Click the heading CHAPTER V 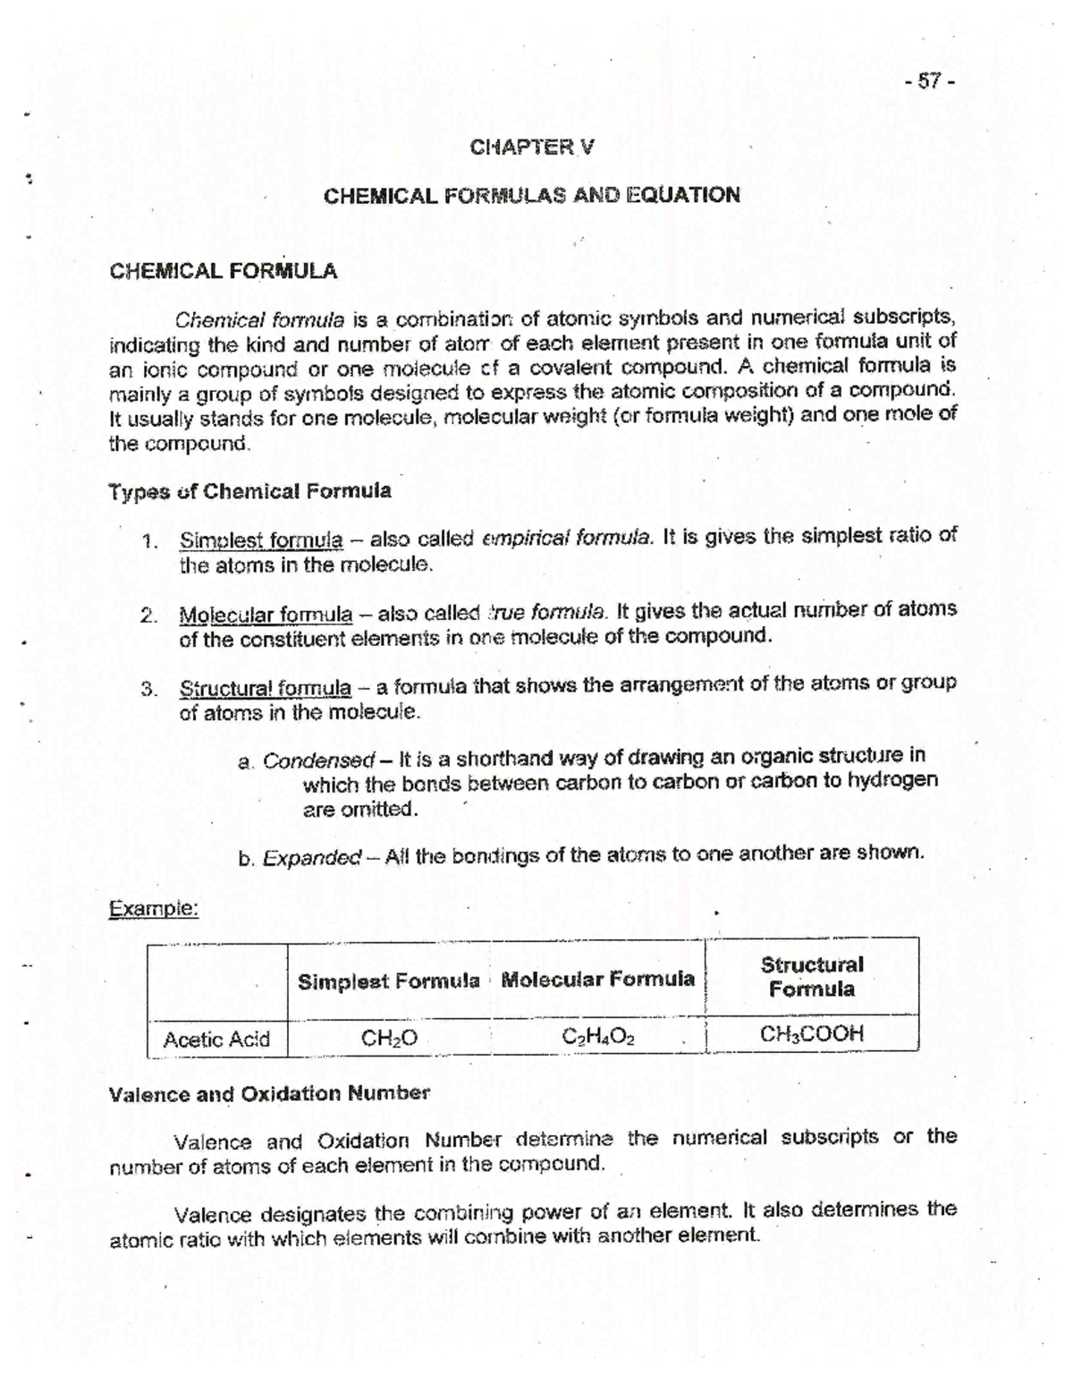531,147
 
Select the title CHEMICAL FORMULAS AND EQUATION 531,195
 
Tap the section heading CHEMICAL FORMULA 223,271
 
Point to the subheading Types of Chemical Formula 249,491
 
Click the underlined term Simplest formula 261,540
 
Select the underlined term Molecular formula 266,615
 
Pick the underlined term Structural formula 266,688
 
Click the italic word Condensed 318,760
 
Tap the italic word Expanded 312,858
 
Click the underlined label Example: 153,908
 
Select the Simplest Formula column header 388,981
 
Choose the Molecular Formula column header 597,979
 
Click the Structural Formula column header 811,977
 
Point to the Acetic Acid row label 216,1039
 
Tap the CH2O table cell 389,1039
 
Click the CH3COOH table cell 811,1034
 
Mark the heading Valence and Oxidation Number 269,1093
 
